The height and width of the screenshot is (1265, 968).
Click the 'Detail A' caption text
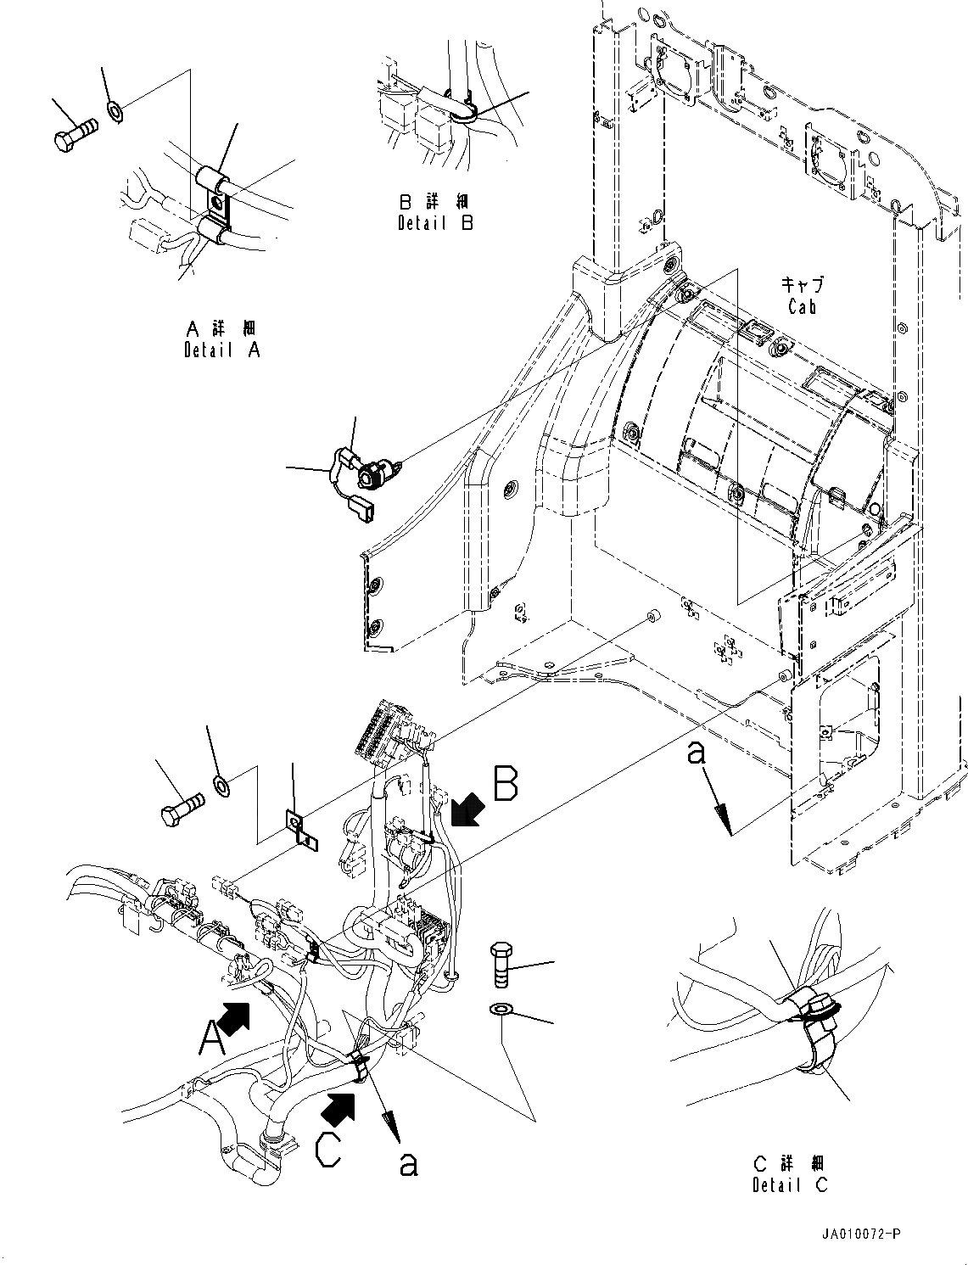221,349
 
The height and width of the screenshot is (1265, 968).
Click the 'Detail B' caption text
435,222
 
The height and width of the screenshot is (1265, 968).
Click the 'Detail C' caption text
790,1184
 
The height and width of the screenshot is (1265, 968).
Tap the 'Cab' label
802,306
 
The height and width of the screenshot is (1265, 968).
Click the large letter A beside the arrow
210,1036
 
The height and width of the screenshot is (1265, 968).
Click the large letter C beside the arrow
329,1150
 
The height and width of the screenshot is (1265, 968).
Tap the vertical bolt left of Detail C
501,965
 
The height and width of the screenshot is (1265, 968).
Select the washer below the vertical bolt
501,1009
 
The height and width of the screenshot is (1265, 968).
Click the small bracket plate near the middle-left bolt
302,831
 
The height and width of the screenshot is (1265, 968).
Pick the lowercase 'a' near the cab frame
697,753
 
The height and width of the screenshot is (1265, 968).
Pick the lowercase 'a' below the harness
409,1165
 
